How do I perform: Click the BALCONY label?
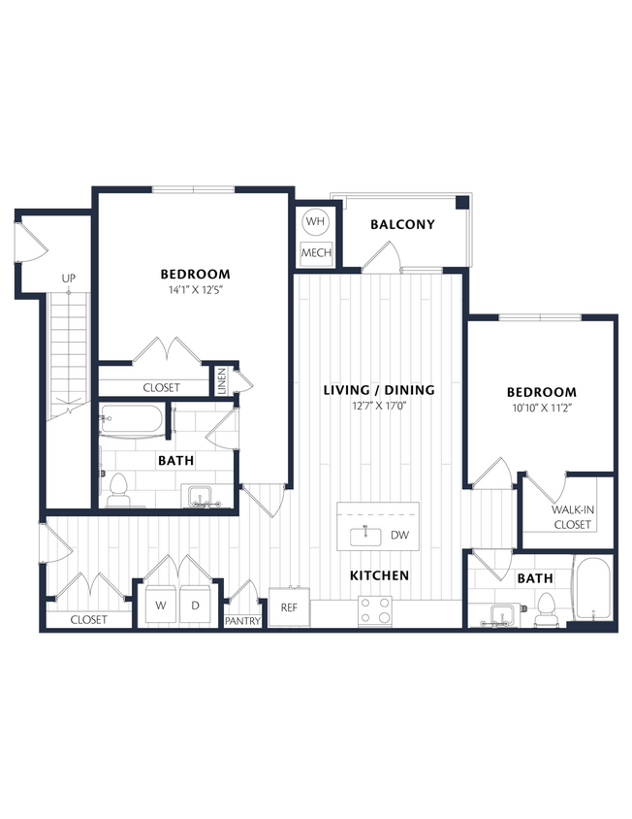(x=402, y=224)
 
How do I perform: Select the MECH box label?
(x=316, y=253)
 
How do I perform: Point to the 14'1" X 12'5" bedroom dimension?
(x=195, y=289)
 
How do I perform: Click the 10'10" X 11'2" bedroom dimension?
(x=541, y=408)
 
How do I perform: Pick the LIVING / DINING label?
(x=378, y=390)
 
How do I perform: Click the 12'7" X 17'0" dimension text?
(x=378, y=406)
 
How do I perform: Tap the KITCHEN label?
(x=379, y=575)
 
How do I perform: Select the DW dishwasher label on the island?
(x=399, y=535)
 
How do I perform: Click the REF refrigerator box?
(x=289, y=607)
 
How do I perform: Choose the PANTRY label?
(x=242, y=621)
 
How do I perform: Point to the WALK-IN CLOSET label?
(x=571, y=517)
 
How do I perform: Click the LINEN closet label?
(x=221, y=379)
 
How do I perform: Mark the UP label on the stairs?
(x=68, y=278)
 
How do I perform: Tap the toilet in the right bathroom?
(x=545, y=607)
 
